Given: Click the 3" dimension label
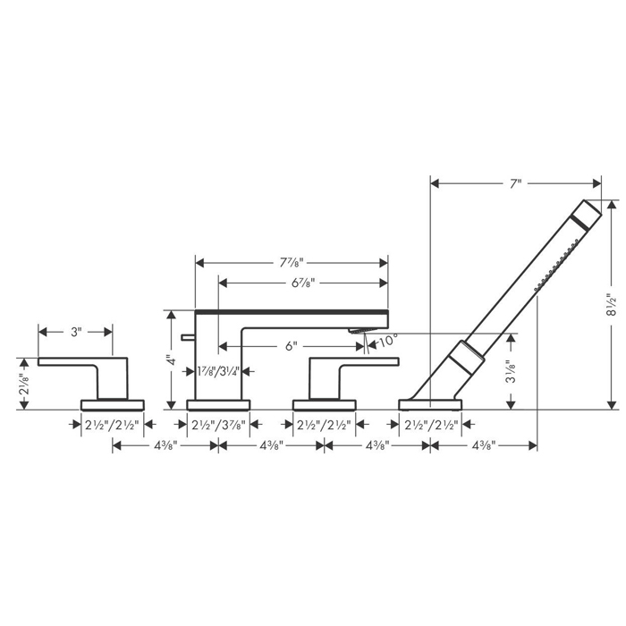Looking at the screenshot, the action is pos(76,332).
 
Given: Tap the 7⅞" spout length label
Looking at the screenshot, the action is pos(292,263).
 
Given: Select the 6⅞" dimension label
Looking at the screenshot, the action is pos(303,283).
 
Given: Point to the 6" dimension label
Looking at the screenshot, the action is pos(292,346).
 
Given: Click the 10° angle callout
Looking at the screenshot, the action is pos(388,341).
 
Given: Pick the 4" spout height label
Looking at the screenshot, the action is pos(172,360).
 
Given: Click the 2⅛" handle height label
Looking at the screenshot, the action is pos(24,384).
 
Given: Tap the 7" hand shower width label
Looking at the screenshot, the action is pos(516,183).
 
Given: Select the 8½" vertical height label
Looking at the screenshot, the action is pos(611,305).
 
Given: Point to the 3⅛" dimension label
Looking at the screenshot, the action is pos(511,372).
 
